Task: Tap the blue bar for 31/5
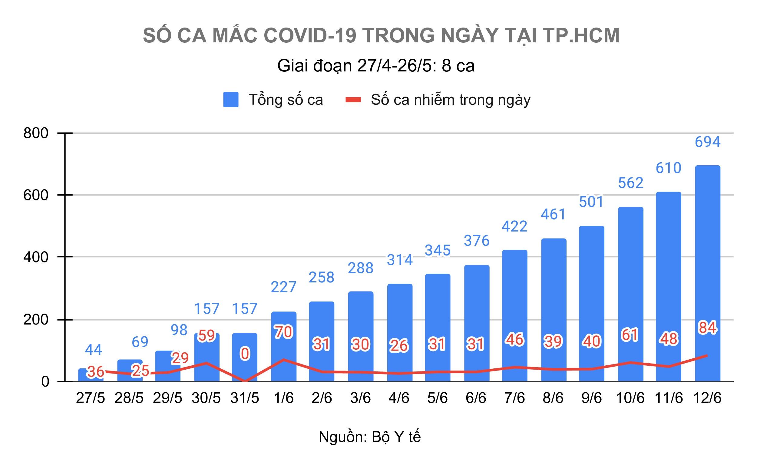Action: click(245, 368)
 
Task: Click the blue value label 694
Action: click(707, 142)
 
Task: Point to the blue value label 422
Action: click(514, 226)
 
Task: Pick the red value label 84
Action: click(707, 328)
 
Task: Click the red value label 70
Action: click(283, 332)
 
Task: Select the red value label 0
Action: click(245, 354)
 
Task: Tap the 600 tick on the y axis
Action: click(36, 195)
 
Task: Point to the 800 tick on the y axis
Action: click(36, 133)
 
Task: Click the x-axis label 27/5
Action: click(91, 398)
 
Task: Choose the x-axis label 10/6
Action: click(630, 398)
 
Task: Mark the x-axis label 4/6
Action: click(399, 398)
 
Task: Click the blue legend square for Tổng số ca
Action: click(231, 100)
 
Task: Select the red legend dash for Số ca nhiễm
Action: click(353, 100)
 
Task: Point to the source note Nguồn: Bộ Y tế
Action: click(370, 437)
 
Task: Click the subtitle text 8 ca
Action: click(458, 66)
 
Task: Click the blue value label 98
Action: click(179, 330)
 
